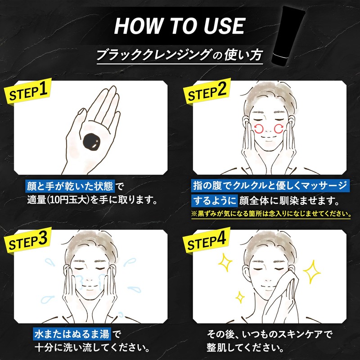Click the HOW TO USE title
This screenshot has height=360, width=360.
pos(180,26)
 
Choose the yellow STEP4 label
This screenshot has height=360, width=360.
pos(207,241)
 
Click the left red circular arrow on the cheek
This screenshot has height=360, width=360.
pos(259,129)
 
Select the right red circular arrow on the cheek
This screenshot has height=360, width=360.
pos(279,129)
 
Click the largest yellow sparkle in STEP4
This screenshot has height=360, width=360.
pos(311,272)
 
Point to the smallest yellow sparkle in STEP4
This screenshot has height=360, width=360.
pos(240,297)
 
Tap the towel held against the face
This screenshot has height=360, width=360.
pos(281,296)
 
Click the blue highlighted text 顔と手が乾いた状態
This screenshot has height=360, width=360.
pos(70,186)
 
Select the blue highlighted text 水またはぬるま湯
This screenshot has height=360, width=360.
pos(72,334)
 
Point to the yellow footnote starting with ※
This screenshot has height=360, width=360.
pos(271,214)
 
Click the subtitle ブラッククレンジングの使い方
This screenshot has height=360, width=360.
pos(180,55)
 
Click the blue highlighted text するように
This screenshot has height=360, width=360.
pos(214,201)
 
